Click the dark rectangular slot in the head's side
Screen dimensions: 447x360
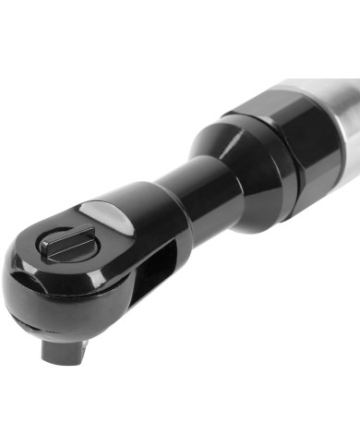155,268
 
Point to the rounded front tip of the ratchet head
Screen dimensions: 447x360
20,277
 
